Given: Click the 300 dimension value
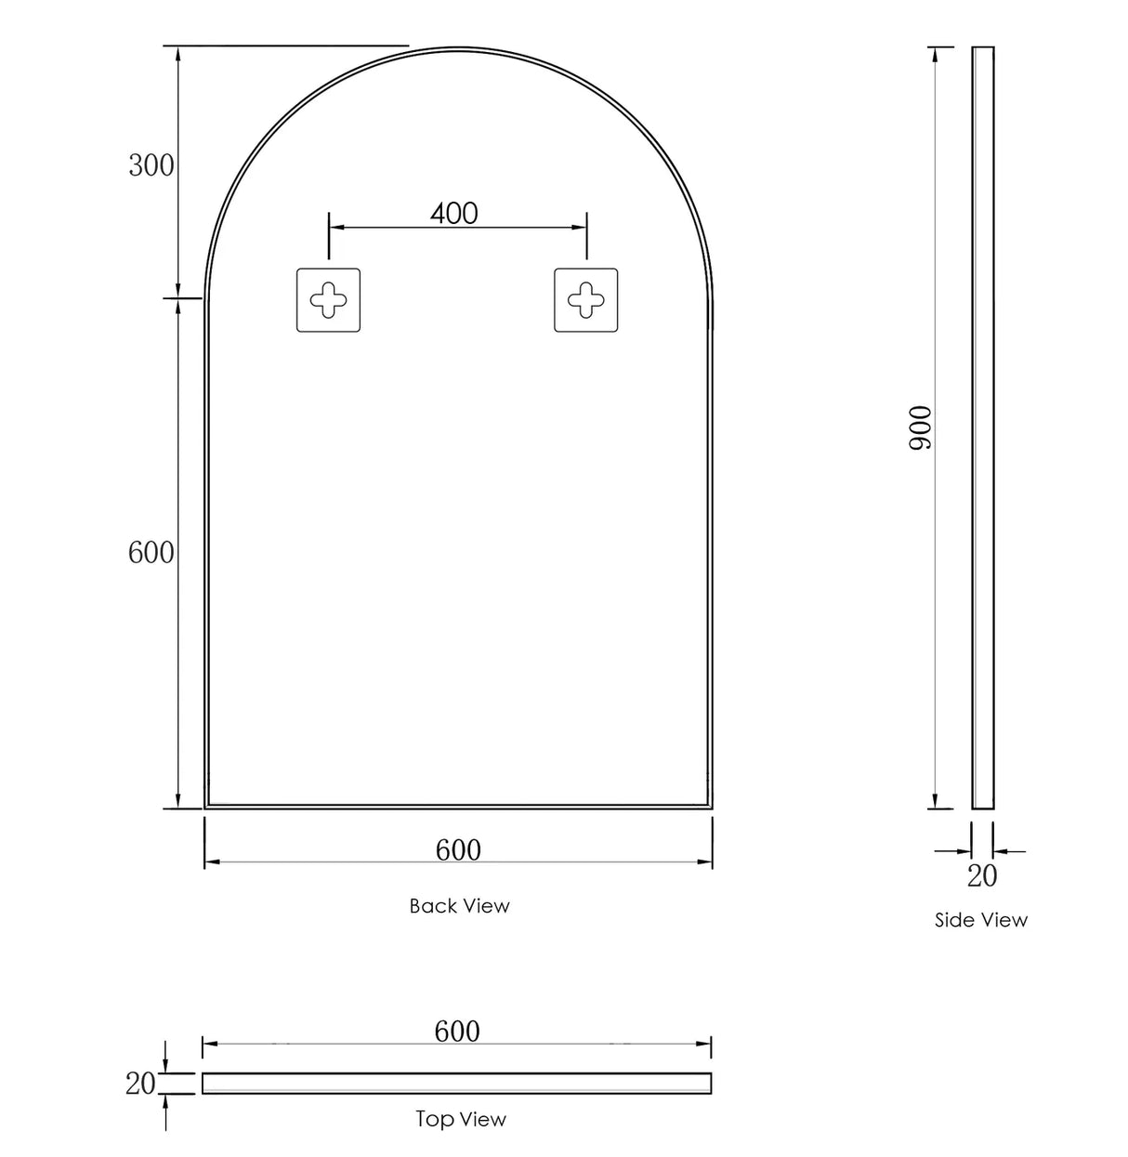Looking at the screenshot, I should (x=151, y=166).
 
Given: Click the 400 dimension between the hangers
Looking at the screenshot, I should (x=454, y=213).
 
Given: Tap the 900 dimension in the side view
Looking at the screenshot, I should (x=920, y=427).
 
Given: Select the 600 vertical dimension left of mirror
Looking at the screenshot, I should (x=151, y=553).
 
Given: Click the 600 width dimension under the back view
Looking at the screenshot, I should (x=458, y=849).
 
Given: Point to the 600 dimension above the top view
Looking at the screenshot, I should (x=457, y=1031).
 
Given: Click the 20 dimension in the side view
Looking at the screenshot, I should (x=982, y=875).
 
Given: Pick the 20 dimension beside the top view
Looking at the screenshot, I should (x=140, y=1083).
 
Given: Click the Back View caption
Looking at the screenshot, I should (x=459, y=905).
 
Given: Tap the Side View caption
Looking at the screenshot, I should (x=981, y=920).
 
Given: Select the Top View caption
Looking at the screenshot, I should (x=461, y=1119).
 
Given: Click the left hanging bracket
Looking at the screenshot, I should (x=328, y=300).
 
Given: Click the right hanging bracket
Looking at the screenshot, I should (x=585, y=300).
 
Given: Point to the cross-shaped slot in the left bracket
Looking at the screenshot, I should (x=328, y=300).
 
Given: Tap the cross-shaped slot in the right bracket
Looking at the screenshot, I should (x=585, y=300).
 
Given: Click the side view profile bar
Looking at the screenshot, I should (x=982, y=427).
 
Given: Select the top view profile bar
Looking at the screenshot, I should (x=457, y=1083).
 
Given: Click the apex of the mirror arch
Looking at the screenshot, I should (x=459, y=48).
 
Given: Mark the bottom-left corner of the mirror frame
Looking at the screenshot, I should (x=206, y=807).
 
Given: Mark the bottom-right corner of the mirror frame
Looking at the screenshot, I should (x=711, y=807).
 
